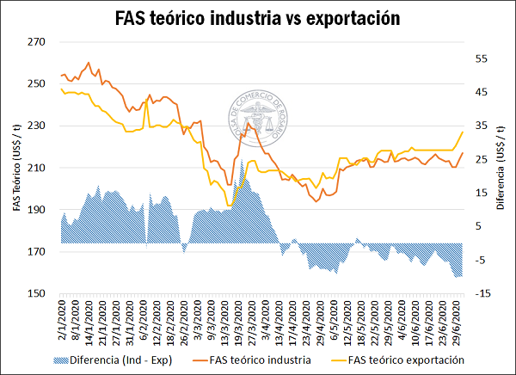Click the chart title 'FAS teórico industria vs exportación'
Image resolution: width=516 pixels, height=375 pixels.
click(258, 18)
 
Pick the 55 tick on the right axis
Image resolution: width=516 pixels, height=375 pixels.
click(481, 58)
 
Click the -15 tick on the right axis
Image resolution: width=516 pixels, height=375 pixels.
click(482, 294)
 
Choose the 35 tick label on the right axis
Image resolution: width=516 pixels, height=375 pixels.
click(481, 126)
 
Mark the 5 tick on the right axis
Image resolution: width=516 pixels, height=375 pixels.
click(478, 227)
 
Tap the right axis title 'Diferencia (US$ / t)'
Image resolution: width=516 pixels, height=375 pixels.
click(501, 168)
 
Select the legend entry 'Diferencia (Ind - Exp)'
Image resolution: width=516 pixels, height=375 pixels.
click(120, 360)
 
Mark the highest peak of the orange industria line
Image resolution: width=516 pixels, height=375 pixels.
click(89, 62)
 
